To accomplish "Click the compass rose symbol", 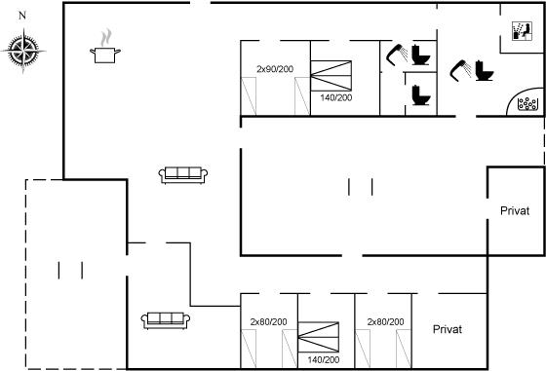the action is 23,51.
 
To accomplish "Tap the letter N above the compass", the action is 22,16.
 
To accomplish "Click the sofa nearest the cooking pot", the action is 183,175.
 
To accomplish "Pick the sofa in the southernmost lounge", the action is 166,320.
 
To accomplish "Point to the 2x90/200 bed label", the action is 275,69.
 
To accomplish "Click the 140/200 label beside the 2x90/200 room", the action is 336,97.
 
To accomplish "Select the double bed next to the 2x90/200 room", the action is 331,76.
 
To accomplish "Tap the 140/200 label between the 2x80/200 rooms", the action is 323,359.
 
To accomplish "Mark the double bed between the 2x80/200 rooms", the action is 319,337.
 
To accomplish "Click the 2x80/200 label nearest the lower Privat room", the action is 385,322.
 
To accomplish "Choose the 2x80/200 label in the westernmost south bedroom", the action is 268,322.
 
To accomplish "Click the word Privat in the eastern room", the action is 515,210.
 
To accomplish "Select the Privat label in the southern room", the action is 448,329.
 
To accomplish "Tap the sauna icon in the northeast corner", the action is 522,31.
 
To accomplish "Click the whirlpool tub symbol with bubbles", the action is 526,103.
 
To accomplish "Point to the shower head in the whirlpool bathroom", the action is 460,70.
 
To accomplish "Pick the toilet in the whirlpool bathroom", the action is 485,70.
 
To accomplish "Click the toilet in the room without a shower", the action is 421,94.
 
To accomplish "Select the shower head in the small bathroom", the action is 397,55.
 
